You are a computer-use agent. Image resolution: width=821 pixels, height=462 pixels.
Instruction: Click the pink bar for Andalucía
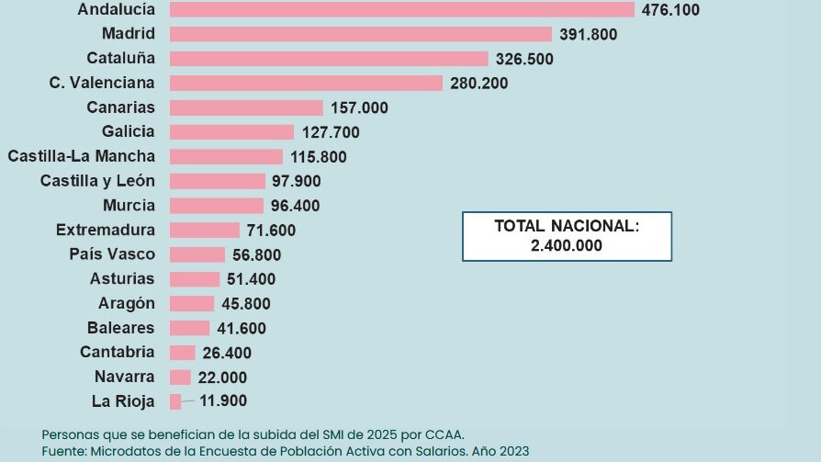402,9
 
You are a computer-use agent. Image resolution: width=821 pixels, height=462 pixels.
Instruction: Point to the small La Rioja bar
175,400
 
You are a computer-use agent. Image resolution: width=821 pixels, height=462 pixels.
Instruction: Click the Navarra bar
180,377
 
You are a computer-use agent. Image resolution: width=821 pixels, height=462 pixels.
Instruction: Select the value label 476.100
671,10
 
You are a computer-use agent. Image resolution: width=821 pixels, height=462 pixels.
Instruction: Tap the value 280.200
478,84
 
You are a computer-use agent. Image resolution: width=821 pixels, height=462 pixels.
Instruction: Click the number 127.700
331,132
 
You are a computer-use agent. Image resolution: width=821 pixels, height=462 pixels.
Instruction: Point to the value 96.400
296,206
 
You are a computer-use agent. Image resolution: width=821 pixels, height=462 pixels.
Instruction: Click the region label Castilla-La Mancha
82,156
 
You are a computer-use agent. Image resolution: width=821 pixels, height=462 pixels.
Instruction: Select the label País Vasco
112,254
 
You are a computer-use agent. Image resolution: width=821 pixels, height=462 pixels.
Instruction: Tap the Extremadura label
106,230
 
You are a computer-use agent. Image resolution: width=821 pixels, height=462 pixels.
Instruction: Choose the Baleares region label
121,327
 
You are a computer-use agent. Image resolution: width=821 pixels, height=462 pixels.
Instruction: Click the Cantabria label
118,352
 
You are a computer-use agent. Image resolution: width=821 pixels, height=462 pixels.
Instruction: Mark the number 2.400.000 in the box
567,245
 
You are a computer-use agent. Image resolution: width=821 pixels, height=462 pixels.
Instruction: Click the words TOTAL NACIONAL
566,226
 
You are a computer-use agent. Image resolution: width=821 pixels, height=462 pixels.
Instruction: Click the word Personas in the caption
69,434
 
